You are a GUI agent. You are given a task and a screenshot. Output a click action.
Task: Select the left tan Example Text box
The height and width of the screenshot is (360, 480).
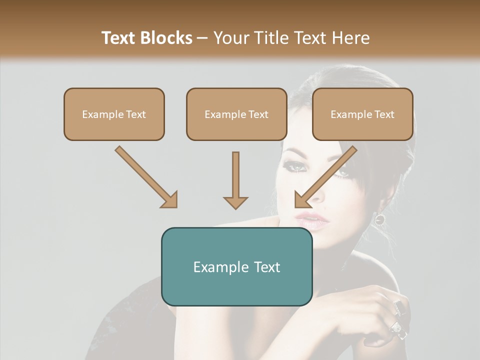click(x=114, y=114)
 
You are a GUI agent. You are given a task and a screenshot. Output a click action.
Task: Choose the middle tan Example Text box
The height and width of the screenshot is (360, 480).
click(x=236, y=114)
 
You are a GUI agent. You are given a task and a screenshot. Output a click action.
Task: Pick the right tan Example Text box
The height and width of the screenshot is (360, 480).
click(x=362, y=114)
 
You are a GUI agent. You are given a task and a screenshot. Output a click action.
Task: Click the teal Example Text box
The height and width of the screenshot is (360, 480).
click(x=236, y=266)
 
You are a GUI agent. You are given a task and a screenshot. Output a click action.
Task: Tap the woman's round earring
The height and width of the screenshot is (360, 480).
click(x=379, y=218)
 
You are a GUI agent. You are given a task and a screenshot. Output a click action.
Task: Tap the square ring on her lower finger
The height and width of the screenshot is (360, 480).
click(x=396, y=327)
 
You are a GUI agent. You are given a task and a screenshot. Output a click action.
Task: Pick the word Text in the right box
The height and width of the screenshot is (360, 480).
click(x=384, y=114)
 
